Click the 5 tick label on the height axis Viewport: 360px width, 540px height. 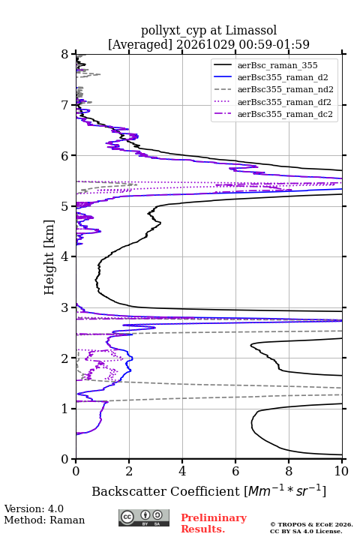65,206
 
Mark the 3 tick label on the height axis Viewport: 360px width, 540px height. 65,307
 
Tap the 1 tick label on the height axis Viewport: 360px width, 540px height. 65,409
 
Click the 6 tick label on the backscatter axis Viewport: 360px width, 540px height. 235,471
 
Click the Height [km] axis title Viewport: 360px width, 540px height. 49,257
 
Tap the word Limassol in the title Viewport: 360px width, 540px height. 251,31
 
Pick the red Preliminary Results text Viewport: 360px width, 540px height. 214,523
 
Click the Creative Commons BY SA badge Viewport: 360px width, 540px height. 144,517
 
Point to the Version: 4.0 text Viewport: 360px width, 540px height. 34,508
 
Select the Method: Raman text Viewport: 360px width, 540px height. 44,520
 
